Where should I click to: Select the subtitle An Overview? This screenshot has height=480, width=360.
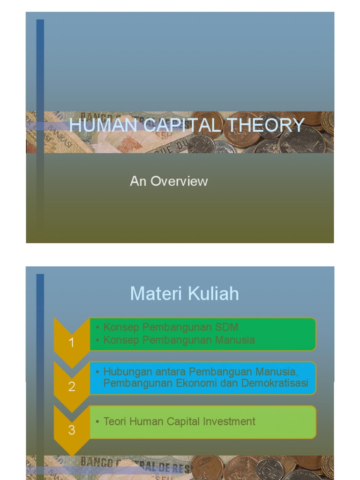tap(169, 181)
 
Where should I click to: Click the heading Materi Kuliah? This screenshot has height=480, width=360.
tap(184, 294)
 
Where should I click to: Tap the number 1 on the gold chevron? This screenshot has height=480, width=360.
tap(72, 343)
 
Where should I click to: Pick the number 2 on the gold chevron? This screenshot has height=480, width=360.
tap(72, 387)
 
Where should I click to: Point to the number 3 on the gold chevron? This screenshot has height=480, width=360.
tap(72, 430)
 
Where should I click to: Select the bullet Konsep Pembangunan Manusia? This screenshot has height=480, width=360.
tap(179, 340)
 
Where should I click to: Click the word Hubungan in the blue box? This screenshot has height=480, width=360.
tap(124, 372)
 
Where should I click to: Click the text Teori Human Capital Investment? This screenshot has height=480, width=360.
tap(180, 421)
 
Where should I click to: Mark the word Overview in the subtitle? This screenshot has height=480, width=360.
tap(179, 181)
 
